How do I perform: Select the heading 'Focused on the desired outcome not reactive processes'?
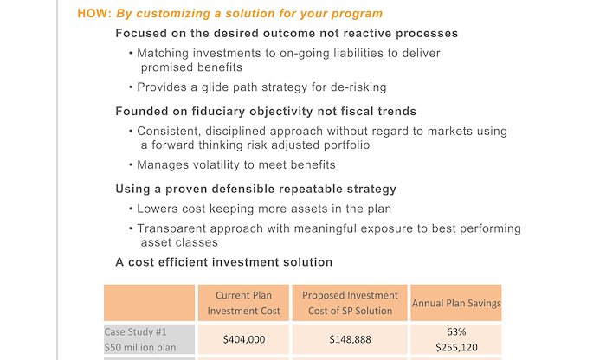click(287, 33)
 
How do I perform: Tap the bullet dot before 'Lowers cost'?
click(131, 209)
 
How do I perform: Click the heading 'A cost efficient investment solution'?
click(223, 262)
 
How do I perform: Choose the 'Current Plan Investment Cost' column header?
click(243, 303)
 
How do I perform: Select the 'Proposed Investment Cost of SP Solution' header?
click(350, 303)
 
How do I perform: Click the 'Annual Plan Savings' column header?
click(456, 303)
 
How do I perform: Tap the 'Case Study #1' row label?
click(135, 331)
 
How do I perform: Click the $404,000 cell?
click(244, 339)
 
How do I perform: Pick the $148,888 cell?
click(350, 339)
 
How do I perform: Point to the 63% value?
click(456, 331)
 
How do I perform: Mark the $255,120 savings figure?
click(456, 347)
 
